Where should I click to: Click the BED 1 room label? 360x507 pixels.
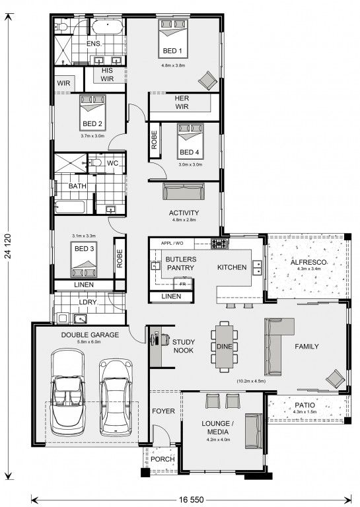coord(172,51)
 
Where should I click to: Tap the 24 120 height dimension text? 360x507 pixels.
coord(8,246)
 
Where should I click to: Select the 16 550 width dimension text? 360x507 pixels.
coord(192,500)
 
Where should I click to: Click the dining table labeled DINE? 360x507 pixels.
coord(224,347)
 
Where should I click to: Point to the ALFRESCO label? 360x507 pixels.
coord(308,262)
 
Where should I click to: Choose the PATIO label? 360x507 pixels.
coord(305,405)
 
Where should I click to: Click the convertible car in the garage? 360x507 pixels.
coord(67,392)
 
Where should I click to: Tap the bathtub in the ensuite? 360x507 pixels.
coord(108,26)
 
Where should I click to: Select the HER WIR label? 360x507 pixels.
coord(182,102)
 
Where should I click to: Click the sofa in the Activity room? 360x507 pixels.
coord(184,191)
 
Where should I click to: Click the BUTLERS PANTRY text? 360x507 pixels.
coord(180,263)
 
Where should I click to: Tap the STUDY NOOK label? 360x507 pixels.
coord(184,346)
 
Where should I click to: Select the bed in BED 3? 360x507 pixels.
coord(84,259)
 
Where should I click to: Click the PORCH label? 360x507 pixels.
coord(162,459)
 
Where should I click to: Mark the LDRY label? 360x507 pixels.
coord(88,302)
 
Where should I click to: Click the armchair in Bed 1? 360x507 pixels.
coord(207,81)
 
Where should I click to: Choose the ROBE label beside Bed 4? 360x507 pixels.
coord(155,140)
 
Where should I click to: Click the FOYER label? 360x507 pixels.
coord(163,411)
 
